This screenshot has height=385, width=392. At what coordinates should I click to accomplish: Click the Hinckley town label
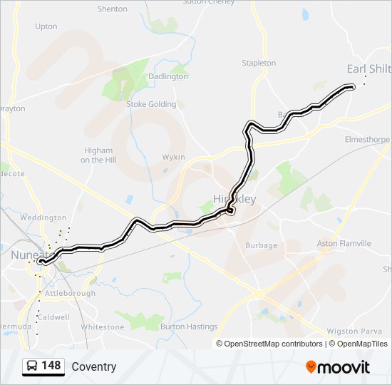tap(229, 199)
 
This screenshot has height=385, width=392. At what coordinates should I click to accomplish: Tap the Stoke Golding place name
tap(151, 104)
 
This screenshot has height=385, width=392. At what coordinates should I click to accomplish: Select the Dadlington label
tap(168, 76)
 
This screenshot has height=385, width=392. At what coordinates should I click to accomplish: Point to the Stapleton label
tap(259, 63)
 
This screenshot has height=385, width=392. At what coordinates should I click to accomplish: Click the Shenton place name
tap(112, 9)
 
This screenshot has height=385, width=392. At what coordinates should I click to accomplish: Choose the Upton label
tap(46, 26)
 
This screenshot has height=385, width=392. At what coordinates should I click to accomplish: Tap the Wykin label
tap(173, 157)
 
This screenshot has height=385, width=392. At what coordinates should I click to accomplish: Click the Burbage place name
tap(261, 245)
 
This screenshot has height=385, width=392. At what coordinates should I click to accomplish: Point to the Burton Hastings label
tap(189, 327)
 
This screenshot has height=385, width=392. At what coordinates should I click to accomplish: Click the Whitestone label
tap(103, 327)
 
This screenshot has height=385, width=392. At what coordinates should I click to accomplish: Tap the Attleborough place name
tap(70, 293)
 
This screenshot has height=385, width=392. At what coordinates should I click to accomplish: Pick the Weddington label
tap(43, 217)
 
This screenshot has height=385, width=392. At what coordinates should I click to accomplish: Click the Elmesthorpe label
tap(366, 139)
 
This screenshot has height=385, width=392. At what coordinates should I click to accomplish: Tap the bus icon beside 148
tap(32, 366)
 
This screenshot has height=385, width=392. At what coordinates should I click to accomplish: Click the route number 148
tap(51, 366)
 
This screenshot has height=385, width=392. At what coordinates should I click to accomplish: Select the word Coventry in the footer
tap(93, 367)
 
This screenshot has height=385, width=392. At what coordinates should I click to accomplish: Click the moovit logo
tap(338, 367)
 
